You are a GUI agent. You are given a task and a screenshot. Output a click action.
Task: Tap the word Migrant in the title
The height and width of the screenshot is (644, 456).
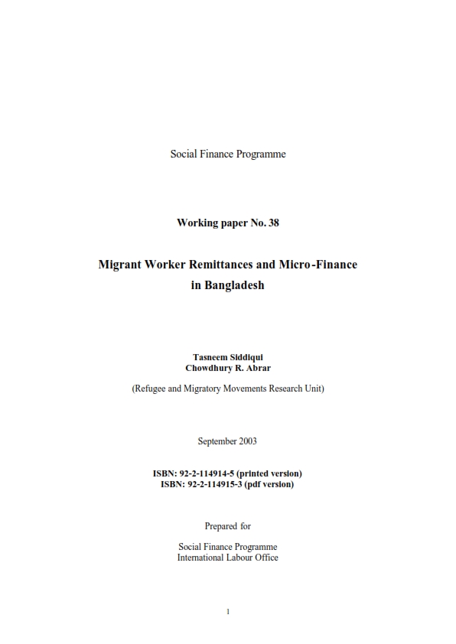point(122,265)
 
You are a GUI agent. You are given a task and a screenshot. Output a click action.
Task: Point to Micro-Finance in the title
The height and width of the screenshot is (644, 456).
point(318,265)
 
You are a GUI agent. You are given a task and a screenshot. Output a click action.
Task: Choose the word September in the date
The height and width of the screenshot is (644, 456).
point(217,441)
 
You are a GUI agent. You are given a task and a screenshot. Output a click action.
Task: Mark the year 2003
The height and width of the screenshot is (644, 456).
point(247,441)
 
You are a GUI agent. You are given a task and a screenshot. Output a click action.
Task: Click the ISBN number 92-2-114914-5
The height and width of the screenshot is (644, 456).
point(210,473)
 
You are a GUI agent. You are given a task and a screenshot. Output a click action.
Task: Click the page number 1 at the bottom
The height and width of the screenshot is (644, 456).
point(228,611)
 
